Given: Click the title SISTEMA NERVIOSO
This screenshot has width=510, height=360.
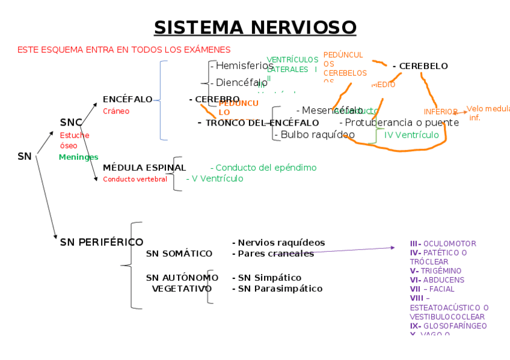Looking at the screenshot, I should [x=255, y=28].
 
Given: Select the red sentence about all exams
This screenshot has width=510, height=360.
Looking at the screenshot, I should [x=124, y=49].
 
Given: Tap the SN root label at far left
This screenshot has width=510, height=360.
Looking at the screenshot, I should [x=25, y=156].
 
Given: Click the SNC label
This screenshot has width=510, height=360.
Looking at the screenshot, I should [x=71, y=123].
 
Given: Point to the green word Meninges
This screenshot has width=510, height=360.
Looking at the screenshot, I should [x=78, y=157].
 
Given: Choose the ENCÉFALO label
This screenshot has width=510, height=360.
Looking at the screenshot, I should [x=127, y=99].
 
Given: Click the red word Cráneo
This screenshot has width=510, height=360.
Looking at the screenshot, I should [x=116, y=111].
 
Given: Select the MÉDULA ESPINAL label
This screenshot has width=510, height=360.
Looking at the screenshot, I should [x=144, y=168].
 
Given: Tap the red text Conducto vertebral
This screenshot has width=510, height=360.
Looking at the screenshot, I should [x=135, y=179].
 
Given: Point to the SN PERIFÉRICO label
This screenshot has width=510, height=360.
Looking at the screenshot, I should [x=102, y=242].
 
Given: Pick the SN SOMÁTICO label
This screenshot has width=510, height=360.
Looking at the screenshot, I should [x=179, y=254].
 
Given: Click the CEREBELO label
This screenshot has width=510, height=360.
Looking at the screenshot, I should [x=420, y=66].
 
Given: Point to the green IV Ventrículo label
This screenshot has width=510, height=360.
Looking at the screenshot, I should [x=411, y=135].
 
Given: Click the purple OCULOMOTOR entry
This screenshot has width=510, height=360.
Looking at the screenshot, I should [x=443, y=244].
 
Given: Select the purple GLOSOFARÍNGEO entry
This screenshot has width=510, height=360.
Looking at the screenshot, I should [x=449, y=326].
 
